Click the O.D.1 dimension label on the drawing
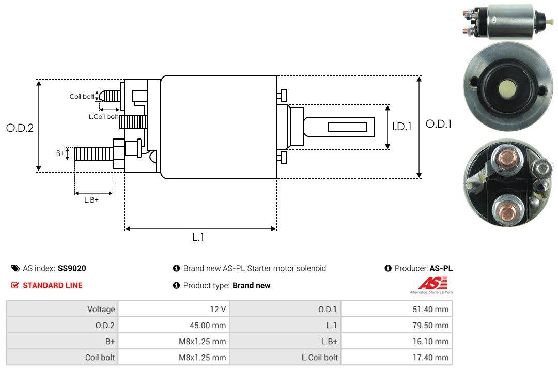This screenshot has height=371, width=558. [x=438, y=124]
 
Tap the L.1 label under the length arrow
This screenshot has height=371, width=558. [x=199, y=237]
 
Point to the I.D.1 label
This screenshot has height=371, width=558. [x=401, y=126]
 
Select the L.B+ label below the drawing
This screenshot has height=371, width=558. [x=91, y=199]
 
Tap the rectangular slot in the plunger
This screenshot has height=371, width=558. [x=347, y=127]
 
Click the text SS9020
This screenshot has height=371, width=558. [x=72, y=268]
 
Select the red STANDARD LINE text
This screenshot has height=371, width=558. [x=52, y=285]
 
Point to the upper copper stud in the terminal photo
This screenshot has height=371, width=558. [x=506, y=160]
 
